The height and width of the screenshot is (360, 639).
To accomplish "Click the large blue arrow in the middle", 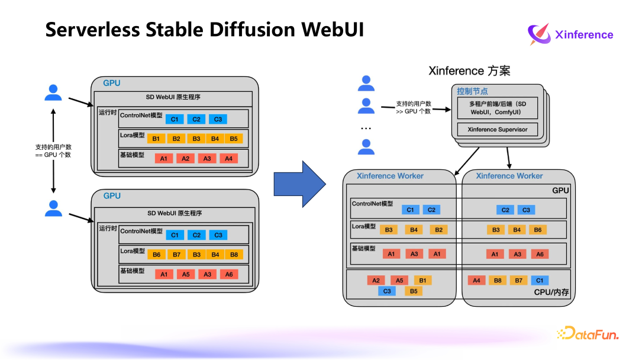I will (299, 184).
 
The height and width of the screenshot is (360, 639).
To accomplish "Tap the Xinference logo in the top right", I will (571, 34).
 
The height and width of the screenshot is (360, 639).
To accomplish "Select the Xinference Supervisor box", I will (497, 129).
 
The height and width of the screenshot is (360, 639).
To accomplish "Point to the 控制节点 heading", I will (472, 91).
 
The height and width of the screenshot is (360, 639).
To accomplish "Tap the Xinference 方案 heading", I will (469, 71).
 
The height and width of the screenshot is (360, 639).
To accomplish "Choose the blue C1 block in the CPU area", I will (539, 280).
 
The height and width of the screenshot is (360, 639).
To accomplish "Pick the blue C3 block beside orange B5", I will (388, 291).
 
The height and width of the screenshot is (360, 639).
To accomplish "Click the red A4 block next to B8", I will (476, 280).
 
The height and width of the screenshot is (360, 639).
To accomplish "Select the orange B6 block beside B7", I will (156, 255).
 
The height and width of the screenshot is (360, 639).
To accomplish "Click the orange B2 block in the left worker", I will (438, 230).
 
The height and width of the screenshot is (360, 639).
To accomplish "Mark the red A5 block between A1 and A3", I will (185, 274).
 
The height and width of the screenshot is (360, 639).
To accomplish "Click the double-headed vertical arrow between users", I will (53, 150).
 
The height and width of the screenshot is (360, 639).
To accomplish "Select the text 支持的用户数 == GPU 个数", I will (53, 150).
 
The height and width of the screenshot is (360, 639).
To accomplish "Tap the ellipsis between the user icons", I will (366, 127).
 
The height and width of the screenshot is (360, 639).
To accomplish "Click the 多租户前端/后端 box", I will (497, 108).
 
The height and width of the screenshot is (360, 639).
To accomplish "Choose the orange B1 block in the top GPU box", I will (156, 139).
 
